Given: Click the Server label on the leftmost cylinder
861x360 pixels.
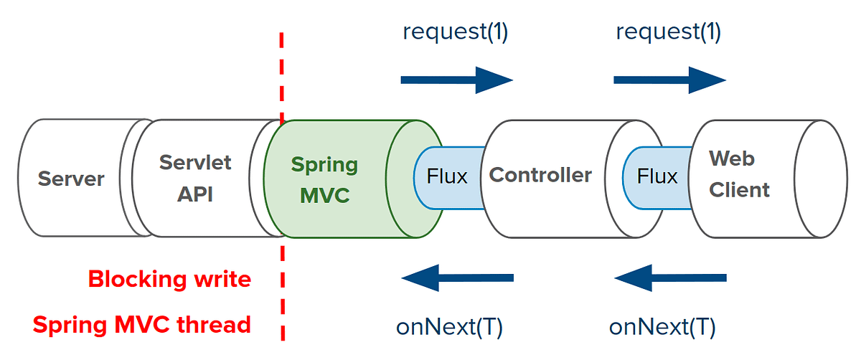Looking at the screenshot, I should [x=71, y=179].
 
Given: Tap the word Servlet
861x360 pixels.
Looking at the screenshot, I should [x=195, y=162].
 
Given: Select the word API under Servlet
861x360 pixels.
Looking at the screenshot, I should [x=195, y=194].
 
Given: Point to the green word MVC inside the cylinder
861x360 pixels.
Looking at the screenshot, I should [x=324, y=194].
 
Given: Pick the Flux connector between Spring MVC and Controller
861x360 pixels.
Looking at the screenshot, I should [x=447, y=176].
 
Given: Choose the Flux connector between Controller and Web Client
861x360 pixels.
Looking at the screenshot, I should [x=657, y=176].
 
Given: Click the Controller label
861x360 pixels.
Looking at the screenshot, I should [x=540, y=174].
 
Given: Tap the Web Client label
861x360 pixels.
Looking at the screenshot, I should [x=739, y=174].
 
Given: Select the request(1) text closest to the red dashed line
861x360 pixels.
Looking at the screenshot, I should [x=456, y=32].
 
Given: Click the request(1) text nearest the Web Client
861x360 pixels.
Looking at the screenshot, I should [x=669, y=32].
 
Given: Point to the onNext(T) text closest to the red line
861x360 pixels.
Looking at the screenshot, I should [x=450, y=327].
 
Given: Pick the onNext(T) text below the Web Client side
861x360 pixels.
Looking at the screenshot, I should [x=662, y=327].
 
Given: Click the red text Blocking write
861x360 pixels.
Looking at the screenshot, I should [x=169, y=279].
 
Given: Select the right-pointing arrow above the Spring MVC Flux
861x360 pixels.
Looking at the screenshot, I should [x=457, y=80].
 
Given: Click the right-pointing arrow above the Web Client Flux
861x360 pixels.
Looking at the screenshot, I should [x=670, y=80].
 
